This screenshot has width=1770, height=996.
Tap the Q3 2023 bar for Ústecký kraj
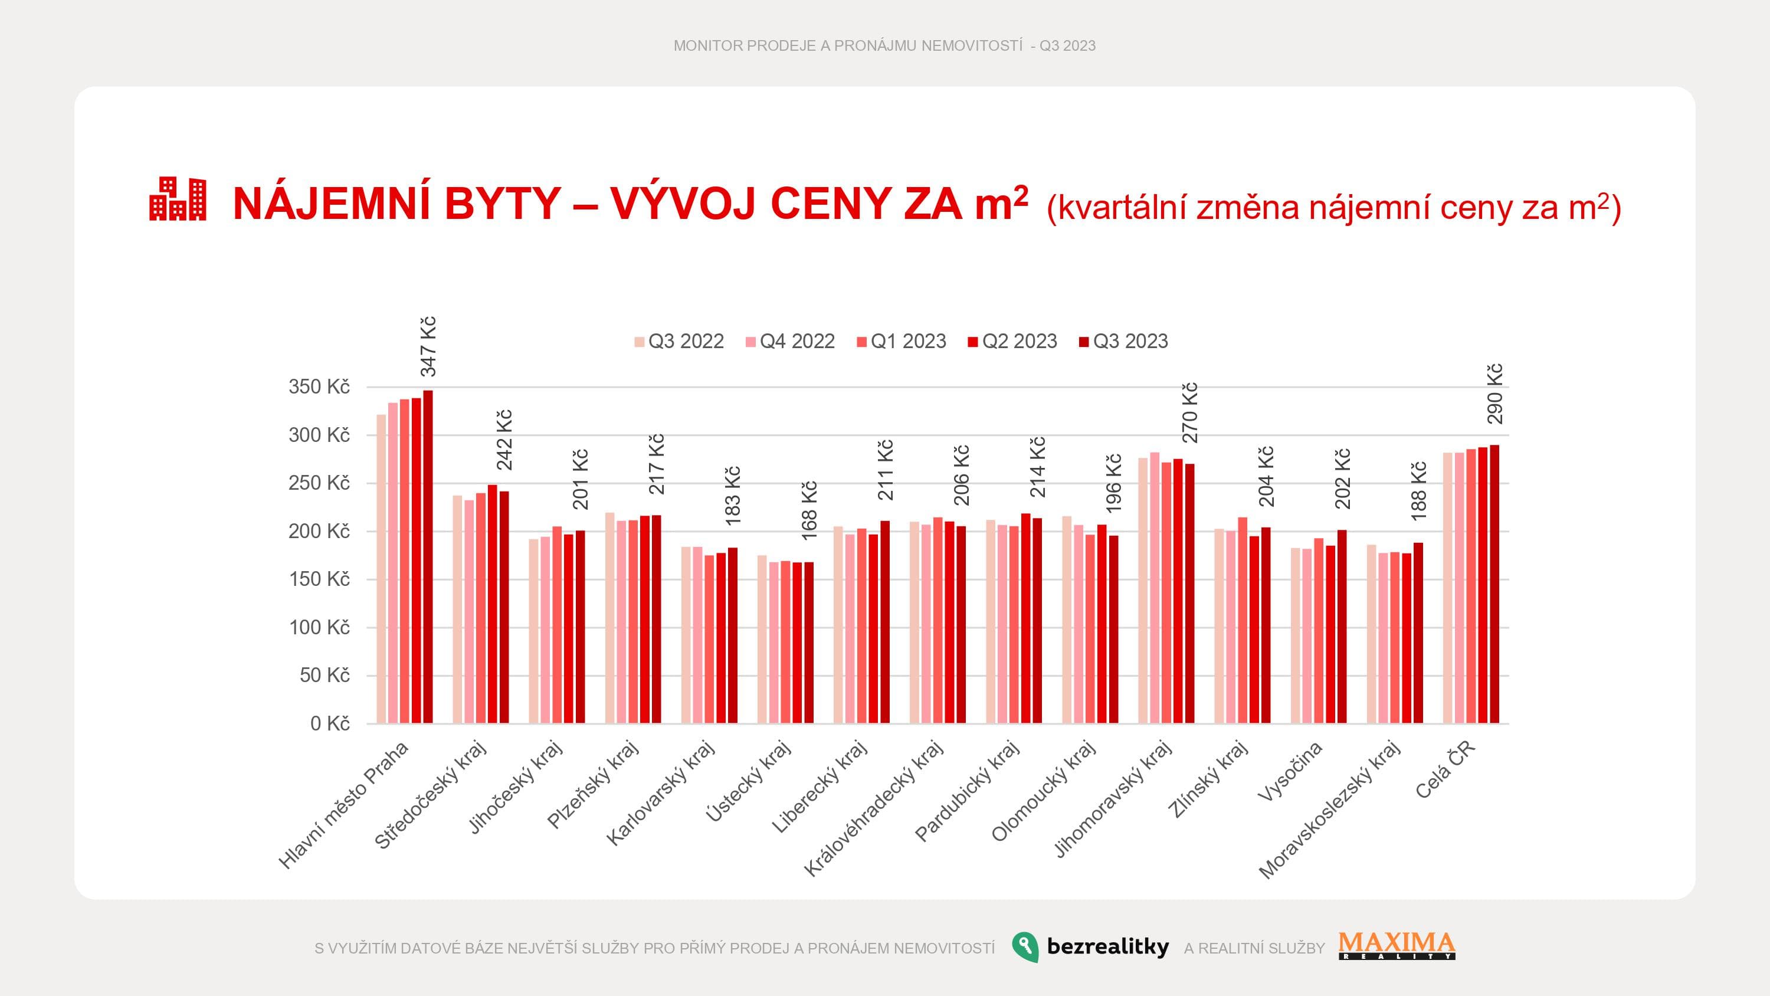click(x=809, y=643)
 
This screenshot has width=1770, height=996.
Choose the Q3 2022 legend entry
click(x=679, y=342)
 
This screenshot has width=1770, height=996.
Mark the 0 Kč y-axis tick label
click(x=330, y=723)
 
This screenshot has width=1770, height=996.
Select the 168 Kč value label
click(x=809, y=511)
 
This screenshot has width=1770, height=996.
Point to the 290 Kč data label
click(x=1494, y=394)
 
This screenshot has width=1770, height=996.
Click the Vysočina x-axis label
click(x=1290, y=771)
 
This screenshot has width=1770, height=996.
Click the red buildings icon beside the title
click(x=177, y=199)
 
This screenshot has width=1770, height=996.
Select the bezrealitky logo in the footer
click(x=1090, y=947)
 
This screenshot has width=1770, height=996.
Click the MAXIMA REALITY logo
click(x=1397, y=945)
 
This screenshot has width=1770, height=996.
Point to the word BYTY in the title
click(x=502, y=204)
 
